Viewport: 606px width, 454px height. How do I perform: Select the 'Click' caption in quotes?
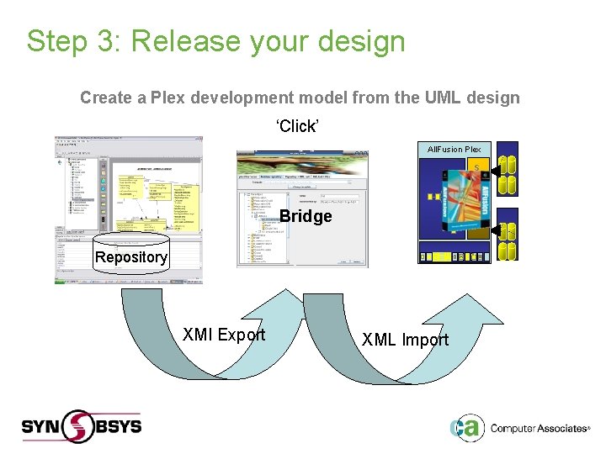coord(297,126)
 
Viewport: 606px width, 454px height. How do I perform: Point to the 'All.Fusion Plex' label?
coord(454,150)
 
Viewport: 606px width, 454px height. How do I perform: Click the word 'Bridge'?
coord(306,216)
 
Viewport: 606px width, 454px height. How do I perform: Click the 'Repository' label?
coord(130,257)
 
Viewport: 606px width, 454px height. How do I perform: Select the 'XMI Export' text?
coord(224,335)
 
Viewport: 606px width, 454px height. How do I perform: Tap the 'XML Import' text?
coord(405,340)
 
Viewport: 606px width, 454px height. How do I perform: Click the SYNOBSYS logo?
coord(82,425)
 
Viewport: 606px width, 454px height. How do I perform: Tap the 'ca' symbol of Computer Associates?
coord(465,427)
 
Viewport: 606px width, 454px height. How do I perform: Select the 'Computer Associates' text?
coord(538,429)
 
